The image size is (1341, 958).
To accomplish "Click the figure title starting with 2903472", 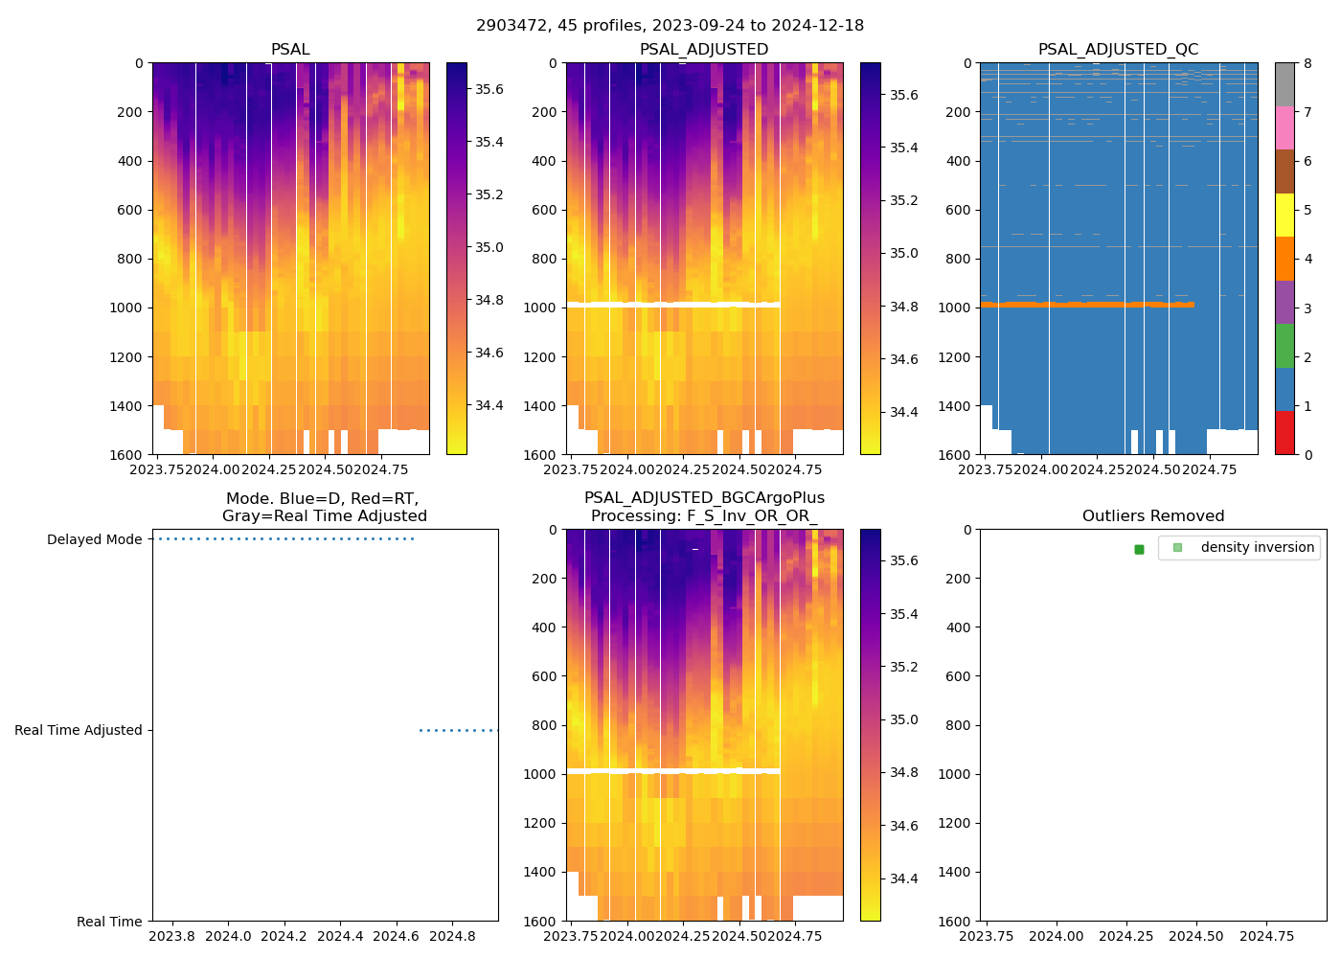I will [x=670, y=26].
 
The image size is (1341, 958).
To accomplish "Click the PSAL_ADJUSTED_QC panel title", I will [x=1118, y=50].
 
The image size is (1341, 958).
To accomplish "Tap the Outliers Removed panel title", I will [x=1152, y=516].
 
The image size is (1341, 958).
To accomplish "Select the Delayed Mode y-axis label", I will [x=94, y=540].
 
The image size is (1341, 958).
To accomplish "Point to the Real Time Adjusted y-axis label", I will [x=78, y=731].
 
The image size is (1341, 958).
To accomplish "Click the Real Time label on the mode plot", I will [x=109, y=922].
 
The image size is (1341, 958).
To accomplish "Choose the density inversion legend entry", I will [x=1257, y=547].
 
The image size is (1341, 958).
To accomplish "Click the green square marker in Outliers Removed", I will [x=1139, y=549].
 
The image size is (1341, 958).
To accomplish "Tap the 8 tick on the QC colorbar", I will [x=1307, y=63].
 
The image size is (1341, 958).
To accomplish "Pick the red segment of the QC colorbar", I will [x=1284, y=433].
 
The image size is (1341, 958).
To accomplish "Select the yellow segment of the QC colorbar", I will [x=1284, y=216].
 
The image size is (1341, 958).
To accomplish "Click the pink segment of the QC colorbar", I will [x=1284, y=128].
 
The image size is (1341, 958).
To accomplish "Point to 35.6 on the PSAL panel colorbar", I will [x=489, y=89].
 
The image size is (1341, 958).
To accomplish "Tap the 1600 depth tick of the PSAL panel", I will [x=126, y=455].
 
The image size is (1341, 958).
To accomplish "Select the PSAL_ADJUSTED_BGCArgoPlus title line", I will [x=704, y=498].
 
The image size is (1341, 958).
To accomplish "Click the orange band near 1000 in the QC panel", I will [x=1082, y=305].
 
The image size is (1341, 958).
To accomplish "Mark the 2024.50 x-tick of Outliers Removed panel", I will [x=1197, y=936].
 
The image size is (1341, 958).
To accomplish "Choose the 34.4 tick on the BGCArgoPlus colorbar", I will [x=903, y=878].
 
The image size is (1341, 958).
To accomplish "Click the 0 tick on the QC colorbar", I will [x=1307, y=455].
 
